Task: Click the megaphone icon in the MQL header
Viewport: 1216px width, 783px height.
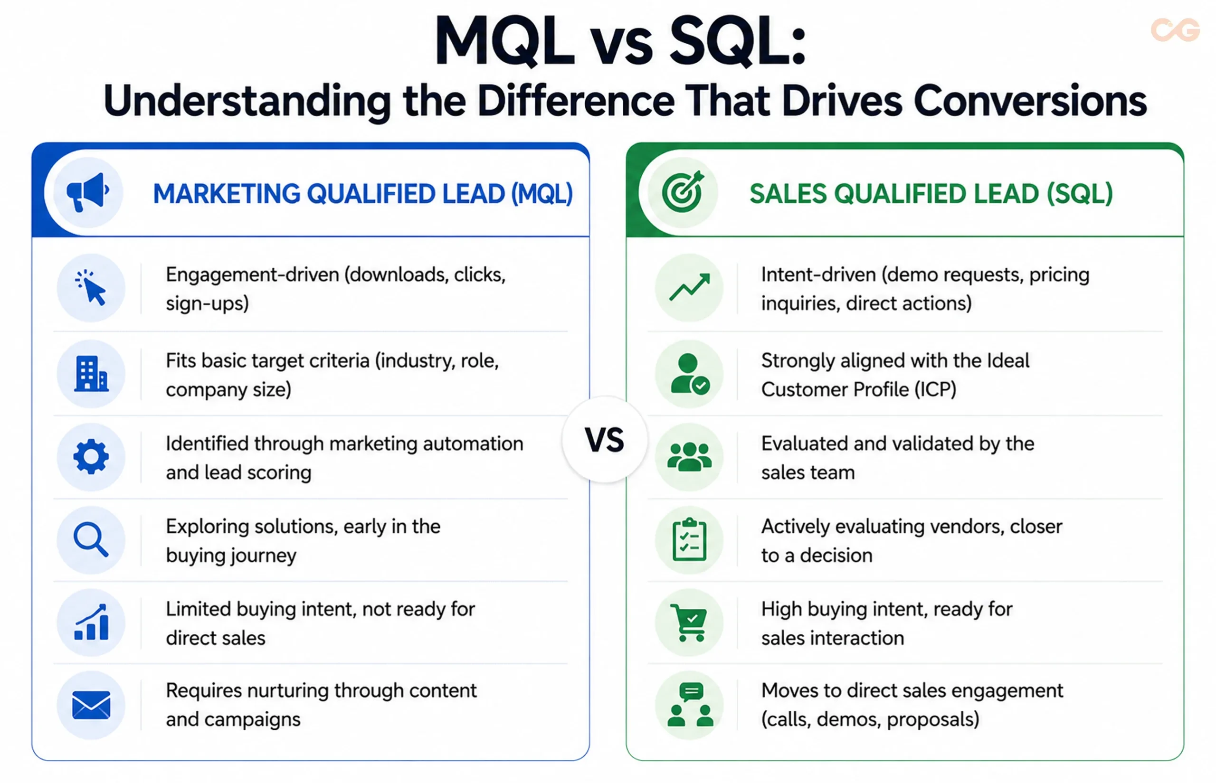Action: (x=87, y=192)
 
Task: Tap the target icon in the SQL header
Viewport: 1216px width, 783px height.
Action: (x=683, y=191)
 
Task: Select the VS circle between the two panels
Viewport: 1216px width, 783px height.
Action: (x=604, y=440)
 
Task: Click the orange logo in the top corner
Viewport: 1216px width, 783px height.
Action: (x=1175, y=30)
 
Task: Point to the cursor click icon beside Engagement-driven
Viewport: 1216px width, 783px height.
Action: (x=91, y=287)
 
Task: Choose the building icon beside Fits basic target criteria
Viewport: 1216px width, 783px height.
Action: (x=91, y=374)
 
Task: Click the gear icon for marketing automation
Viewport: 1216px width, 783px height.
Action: (x=91, y=457)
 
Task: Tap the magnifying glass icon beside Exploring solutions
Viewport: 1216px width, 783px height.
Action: (x=91, y=539)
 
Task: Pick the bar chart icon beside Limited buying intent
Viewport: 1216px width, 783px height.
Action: (x=92, y=622)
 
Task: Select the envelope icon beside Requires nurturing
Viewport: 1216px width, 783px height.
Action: (x=91, y=705)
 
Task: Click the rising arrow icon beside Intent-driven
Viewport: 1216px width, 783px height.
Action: (x=689, y=287)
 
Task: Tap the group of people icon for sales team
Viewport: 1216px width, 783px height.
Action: (x=689, y=457)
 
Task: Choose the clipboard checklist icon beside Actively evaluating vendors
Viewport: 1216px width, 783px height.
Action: (x=689, y=539)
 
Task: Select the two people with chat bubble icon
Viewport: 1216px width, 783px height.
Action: (x=690, y=705)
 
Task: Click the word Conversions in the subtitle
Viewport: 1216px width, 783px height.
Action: (x=1030, y=100)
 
